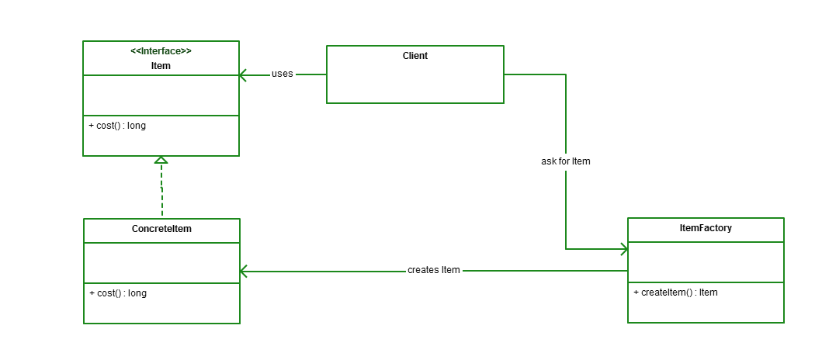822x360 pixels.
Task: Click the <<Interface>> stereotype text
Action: [x=161, y=51]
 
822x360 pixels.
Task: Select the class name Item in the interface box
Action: [x=161, y=66]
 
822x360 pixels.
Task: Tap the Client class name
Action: [x=414, y=56]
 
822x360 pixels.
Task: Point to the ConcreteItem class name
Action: [x=161, y=230]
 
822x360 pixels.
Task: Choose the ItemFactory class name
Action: [x=705, y=229]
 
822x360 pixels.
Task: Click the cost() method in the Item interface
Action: [x=117, y=126]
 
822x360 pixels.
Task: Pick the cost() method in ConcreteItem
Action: [x=117, y=293]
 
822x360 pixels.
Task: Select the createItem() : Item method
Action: [x=675, y=292]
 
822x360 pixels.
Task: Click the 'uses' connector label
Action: [x=282, y=74]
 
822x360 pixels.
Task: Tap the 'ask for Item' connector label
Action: [x=566, y=161]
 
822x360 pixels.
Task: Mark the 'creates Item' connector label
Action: [x=433, y=270]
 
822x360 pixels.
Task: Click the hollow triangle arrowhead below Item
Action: [x=161, y=160]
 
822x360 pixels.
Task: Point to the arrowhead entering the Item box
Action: [x=243, y=75]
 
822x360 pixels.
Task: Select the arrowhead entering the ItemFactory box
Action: [x=623, y=249]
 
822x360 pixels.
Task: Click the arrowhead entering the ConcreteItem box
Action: [x=244, y=271]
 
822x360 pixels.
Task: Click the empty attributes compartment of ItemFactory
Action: [x=705, y=262]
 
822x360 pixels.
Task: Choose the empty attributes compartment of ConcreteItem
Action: [x=161, y=262]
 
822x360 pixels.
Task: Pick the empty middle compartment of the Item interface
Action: [x=161, y=95]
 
